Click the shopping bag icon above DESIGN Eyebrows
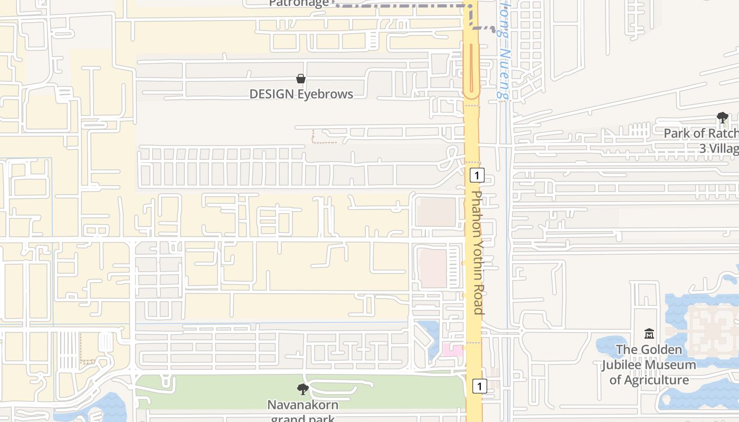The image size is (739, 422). pos(301,79)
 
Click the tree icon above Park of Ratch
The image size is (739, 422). pos(722,118)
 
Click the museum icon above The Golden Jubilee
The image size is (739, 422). pos(649,333)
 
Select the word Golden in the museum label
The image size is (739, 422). pos(659,349)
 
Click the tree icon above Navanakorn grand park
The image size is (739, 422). pos(303,389)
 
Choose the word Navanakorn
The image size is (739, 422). pos(302,405)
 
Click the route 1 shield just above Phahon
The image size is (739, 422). pos(477,175)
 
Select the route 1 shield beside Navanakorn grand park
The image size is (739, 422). pos(479,386)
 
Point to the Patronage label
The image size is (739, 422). pos(299,3)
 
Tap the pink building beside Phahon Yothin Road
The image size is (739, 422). pos(452,349)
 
